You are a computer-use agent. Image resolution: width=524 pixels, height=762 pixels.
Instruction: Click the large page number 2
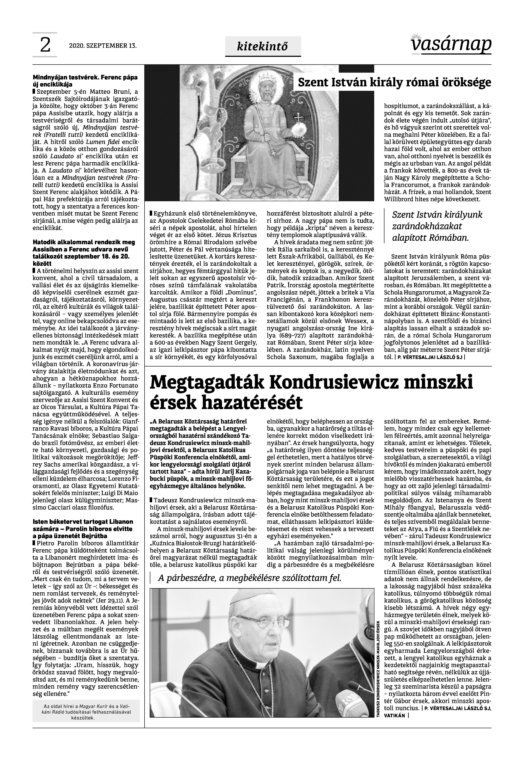coord(45,45)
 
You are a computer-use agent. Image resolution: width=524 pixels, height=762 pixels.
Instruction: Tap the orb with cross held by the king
coord(299,126)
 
